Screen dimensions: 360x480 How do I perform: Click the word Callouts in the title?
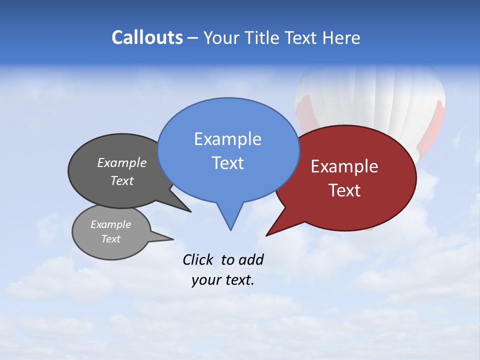pyautogui.click(x=147, y=38)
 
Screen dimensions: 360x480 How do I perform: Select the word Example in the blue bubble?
pyautogui.click(x=227, y=139)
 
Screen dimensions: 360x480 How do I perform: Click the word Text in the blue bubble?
pyautogui.click(x=227, y=163)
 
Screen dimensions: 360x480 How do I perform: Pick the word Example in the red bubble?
pyautogui.click(x=344, y=166)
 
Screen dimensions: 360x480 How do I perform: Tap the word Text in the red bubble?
pyautogui.click(x=344, y=190)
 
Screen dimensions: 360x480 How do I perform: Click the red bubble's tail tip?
pyautogui.click(x=267, y=235)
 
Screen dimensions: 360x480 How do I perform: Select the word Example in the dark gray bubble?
pyautogui.click(x=122, y=162)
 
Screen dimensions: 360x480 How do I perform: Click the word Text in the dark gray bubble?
pyautogui.click(x=122, y=181)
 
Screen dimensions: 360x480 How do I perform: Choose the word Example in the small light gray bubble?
pyautogui.click(x=110, y=224)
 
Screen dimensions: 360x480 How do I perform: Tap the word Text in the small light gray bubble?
pyautogui.click(x=110, y=239)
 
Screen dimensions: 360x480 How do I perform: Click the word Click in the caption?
pyautogui.click(x=197, y=259)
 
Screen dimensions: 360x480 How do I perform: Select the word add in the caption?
pyautogui.click(x=251, y=259)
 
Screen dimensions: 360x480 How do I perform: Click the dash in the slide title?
pyautogui.click(x=193, y=38)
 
